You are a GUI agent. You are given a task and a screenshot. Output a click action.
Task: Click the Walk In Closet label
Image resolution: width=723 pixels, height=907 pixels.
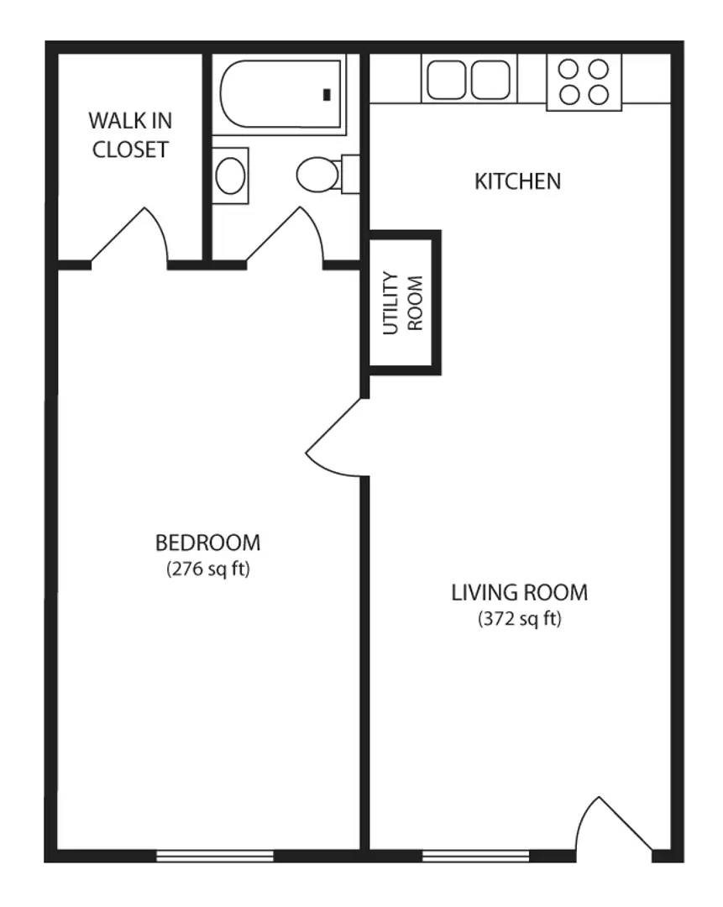tap(130, 134)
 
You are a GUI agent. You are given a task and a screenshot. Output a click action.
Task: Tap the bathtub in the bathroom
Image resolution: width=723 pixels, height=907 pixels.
tap(280, 94)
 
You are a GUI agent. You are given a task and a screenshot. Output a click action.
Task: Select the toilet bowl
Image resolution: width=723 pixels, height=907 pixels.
tap(317, 174)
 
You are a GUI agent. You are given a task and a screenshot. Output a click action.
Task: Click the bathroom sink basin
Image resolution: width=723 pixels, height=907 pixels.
tap(230, 176)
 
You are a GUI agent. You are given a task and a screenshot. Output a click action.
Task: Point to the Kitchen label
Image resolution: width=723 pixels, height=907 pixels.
tap(517, 181)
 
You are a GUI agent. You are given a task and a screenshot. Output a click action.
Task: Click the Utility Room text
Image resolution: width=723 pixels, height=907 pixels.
tap(403, 302)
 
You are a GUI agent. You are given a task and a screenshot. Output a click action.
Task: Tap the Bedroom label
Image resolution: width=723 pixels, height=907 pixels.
tap(208, 543)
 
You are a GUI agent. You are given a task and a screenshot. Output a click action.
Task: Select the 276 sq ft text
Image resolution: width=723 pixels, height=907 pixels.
tap(208, 569)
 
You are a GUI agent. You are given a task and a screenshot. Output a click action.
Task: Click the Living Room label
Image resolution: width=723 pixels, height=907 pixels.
tap(520, 592)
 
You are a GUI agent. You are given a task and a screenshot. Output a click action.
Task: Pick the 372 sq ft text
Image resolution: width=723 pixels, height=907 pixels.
tap(520, 619)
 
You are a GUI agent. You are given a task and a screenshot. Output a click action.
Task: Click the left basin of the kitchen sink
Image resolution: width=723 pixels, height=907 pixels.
tap(446, 79)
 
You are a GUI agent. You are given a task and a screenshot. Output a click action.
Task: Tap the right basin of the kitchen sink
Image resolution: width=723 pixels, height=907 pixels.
tap(490, 79)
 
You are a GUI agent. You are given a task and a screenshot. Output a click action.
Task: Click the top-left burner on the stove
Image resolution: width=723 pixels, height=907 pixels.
tap(569, 69)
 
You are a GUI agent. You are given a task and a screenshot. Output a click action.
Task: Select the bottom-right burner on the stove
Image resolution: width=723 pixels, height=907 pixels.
tap(600, 94)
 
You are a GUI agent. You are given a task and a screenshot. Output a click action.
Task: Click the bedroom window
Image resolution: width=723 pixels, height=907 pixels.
tap(215, 856)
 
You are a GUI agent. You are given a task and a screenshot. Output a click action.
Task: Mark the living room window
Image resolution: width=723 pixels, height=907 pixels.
tap(475, 856)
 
